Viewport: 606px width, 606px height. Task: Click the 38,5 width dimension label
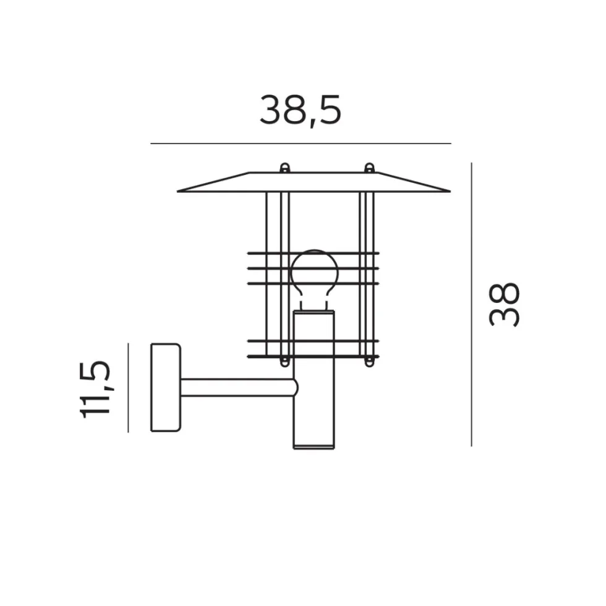[301, 111]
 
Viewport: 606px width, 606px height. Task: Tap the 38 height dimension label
[504, 305]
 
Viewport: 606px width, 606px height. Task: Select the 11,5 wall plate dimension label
[95, 389]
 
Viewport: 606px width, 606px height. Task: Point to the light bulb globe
[314, 272]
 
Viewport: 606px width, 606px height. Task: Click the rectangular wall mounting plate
[166, 387]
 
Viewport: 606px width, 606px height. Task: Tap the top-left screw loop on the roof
[285, 168]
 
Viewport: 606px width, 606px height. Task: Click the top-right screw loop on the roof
[370, 168]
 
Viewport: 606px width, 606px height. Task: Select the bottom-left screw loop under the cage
[285, 362]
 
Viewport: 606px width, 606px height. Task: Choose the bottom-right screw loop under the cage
[370, 362]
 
